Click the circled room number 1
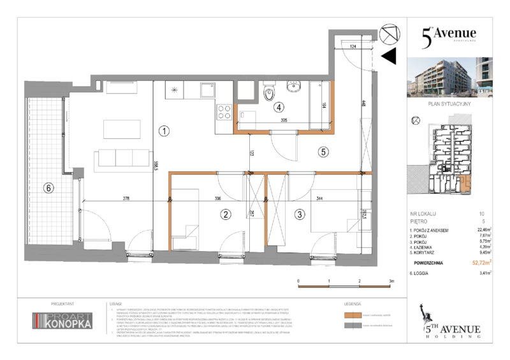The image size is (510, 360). [x=164, y=132]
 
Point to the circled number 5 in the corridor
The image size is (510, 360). [x=323, y=152]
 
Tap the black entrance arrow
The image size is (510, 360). [x=388, y=57]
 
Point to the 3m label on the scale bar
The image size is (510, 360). [x=391, y=281]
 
